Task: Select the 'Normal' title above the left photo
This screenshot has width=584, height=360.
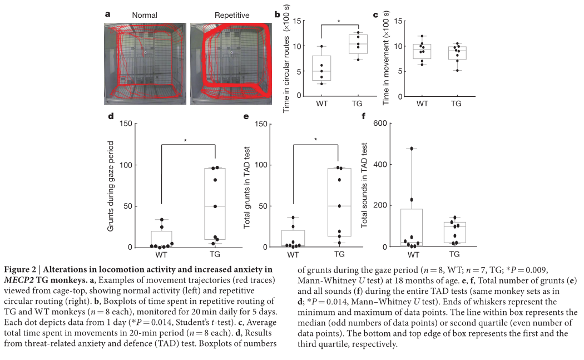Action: coord(145,15)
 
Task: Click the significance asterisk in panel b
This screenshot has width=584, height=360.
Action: coord(339,22)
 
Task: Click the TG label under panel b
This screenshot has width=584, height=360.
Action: coord(358,104)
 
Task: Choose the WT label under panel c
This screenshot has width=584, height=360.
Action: coord(422,104)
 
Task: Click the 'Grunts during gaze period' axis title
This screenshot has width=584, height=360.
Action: coord(110,185)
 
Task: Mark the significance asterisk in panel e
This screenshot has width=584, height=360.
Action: coord(315,140)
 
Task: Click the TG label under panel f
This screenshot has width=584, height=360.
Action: coord(454,254)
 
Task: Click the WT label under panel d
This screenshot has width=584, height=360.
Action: coord(161,254)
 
